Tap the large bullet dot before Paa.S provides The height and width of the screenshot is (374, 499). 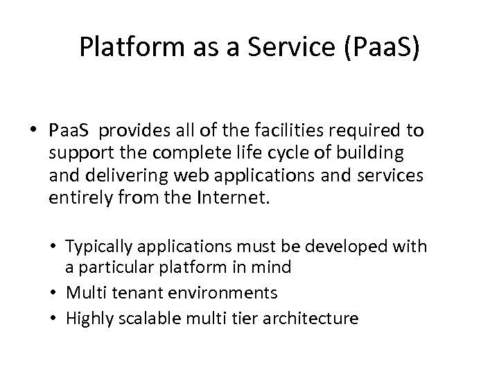point(35,130)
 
